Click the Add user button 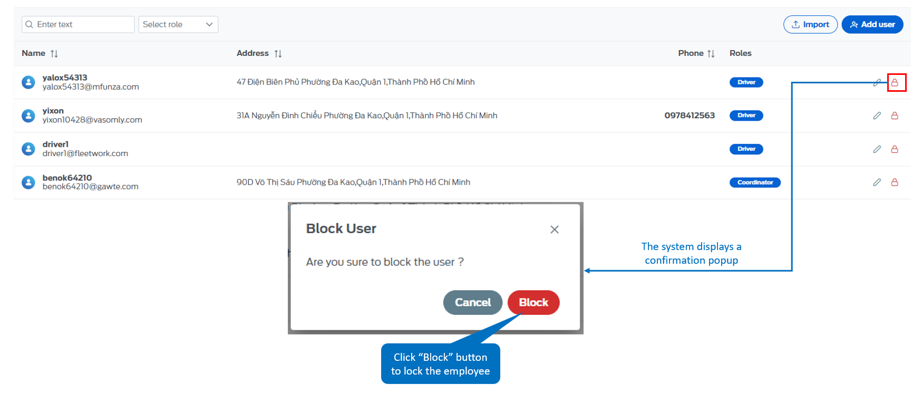[872, 24]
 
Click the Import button [810, 24]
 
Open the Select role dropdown [178, 24]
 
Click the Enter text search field [78, 24]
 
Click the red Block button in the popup [533, 302]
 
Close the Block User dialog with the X [554, 229]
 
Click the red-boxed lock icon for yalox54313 [895, 82]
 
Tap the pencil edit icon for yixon [877, 116]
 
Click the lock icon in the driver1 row [895, 149]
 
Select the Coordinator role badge [755, 183]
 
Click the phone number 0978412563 [690, 116]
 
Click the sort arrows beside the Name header [54, 54]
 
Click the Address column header [253, 53]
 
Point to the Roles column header [740, 53]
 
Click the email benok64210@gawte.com [91, 187]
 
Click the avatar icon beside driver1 [28, 149]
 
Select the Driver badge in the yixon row [746, 116]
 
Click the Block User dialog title [341, 228]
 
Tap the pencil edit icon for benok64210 [877, 182]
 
